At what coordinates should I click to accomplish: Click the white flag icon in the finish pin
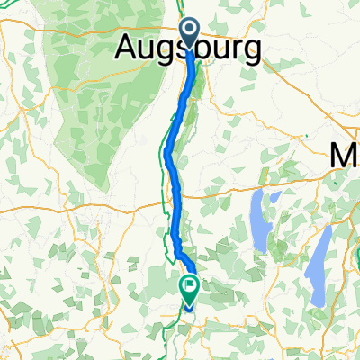[191, 288]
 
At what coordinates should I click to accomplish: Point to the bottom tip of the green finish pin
[191, 306]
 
